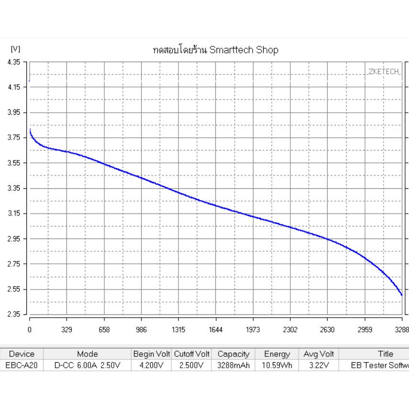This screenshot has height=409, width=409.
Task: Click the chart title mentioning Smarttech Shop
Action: [215, 50]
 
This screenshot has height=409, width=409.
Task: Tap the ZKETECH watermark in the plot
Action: [384, 71]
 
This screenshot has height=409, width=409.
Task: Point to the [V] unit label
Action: [15, 49]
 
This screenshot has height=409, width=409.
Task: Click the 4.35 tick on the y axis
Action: [14, 62]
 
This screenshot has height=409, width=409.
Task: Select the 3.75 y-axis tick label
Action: [14, 138]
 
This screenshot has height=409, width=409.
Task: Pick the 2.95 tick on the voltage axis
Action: [14, 239]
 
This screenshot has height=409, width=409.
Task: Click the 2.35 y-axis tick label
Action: [14, 315]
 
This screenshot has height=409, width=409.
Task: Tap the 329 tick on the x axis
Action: [67, 330]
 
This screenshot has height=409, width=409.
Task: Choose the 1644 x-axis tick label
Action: [216, 330]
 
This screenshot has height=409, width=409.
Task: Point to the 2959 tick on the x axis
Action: [365, 330]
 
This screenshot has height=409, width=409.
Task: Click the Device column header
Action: [22, 354]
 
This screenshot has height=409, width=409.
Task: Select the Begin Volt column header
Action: [152, 354]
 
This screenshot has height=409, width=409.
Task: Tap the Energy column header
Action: [277, 354]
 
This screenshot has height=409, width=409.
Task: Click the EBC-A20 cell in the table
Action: [22, 365]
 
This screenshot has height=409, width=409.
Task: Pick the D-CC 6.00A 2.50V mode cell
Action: [87, 365]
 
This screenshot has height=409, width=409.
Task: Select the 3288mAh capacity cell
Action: [233, 365]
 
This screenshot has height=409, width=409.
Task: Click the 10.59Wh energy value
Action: [277, 365]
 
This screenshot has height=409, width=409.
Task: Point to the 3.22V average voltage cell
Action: [319, 365]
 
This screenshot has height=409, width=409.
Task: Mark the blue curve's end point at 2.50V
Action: [401, 295]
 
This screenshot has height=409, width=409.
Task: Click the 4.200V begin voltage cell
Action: [152, 365]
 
